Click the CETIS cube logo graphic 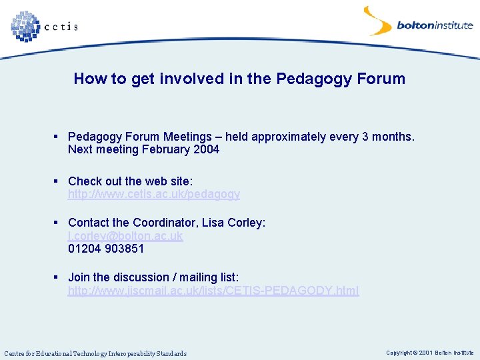tap(25, 26)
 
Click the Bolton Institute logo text tap(434, 26)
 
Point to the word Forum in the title tap(381, 79)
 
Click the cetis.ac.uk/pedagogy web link tap(153, 194)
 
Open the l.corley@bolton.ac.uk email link tap(125, 236)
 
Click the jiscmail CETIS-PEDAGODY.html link tap(213, 291)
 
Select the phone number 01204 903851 tap(105, 249)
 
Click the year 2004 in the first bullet tap(206, 149)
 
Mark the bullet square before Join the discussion tap(58, 277)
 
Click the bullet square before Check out tap(58, 181)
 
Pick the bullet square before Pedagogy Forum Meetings tap(58, 136)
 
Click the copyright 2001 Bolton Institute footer tap(429, 353)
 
